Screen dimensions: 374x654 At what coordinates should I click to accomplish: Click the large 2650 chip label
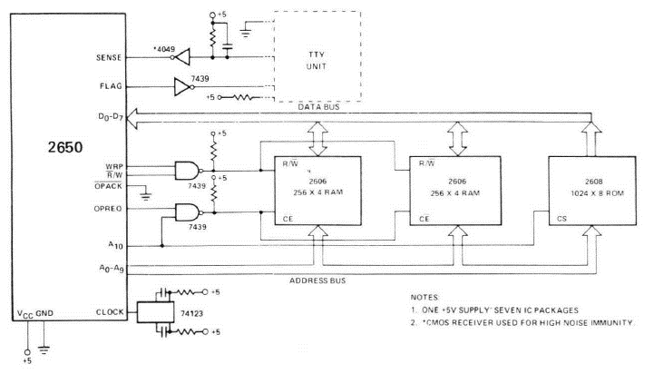[x=63, y=146]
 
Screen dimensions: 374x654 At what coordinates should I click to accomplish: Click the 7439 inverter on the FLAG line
[x=186, y=88]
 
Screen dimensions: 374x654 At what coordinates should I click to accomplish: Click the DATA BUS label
[x=319, y=108]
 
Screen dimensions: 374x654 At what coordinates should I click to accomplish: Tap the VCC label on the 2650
[x=26, y=313]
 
